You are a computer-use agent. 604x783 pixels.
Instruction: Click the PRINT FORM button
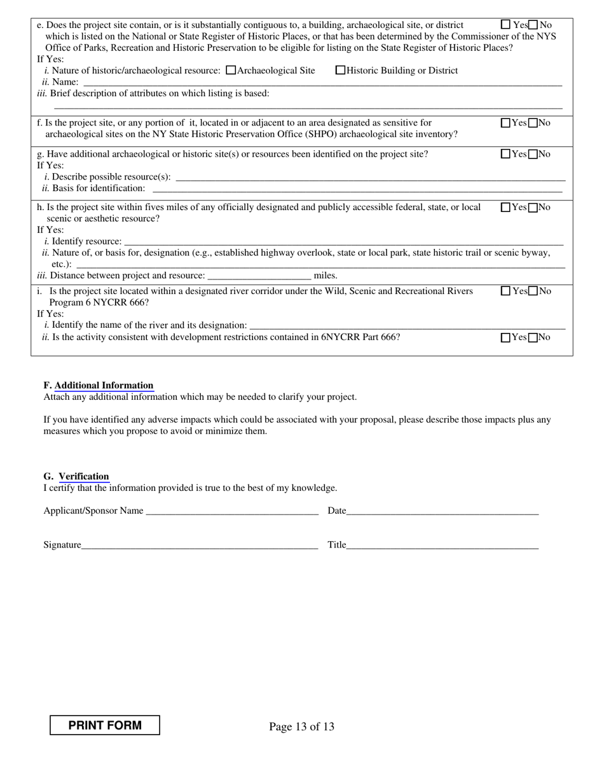(x=105, y=725)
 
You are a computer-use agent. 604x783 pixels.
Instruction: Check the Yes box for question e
(x=506, y=25)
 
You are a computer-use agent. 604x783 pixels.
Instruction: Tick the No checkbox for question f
(x=533, y=123)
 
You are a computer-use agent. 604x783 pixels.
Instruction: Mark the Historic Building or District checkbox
(x=341, y=71)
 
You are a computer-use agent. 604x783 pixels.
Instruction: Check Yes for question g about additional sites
(x=506, y=154)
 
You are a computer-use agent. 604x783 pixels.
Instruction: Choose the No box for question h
(x=533, y=207)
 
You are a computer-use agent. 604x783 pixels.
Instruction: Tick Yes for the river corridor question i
(x=506, y=291)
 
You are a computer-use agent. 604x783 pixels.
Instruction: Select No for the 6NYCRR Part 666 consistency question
(x=533, y=337)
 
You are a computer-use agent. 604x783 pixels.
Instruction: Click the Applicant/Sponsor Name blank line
(x=231, y=511)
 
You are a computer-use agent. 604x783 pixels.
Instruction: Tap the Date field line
(x=443, y=511)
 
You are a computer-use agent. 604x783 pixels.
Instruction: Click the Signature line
(x=200, y=545)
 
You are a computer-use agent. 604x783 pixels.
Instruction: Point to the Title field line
(x=443, y=545)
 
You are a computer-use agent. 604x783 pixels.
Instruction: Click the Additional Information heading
(x=104, y=385)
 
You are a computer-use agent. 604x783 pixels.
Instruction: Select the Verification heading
(x=84, y=476)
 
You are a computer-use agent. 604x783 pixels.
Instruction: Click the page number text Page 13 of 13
(x=301, y=726)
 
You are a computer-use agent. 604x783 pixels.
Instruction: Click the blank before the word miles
(x=259, y=276)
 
